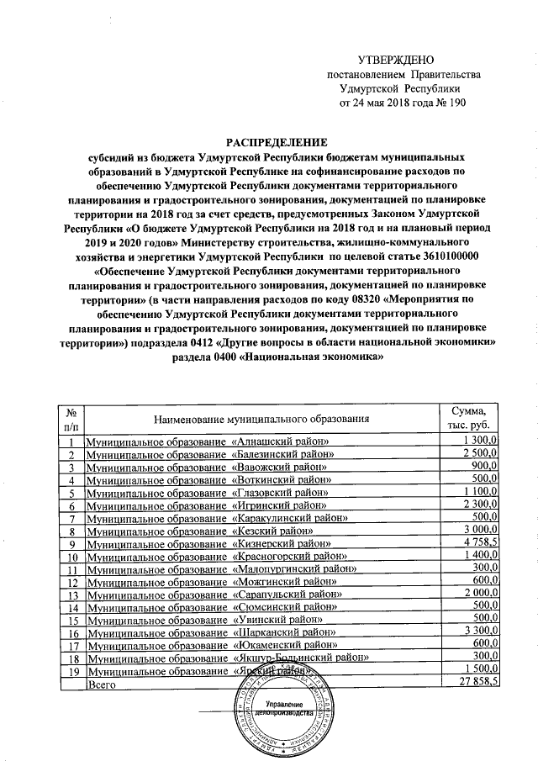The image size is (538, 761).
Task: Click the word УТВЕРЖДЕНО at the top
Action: coord(394,60)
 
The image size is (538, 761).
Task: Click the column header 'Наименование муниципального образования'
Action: coord(261,419)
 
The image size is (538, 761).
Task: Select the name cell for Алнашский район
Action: coord(208,441)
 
